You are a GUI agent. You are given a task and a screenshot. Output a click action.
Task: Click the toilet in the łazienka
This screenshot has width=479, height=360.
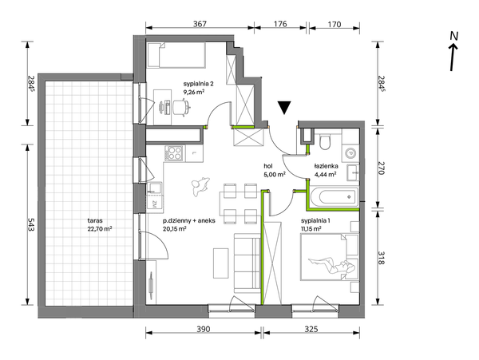[325, 140]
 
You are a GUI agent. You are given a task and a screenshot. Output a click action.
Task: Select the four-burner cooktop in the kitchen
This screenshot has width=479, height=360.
[174, 153]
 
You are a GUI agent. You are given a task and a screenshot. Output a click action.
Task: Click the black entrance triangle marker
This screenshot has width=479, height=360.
[284, 108]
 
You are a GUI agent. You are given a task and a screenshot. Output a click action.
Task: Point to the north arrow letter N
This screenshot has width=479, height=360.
[454, 36]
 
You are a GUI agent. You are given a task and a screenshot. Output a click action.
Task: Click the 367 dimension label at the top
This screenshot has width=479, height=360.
[200, 23]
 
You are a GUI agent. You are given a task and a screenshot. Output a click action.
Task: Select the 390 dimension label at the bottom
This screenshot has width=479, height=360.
[204, 329]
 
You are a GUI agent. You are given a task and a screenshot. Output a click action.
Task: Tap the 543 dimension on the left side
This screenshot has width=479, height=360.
[31, 224]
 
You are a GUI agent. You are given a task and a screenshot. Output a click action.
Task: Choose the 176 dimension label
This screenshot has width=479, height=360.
[280, 23]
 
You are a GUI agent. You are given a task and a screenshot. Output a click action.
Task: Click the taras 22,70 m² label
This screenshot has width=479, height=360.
[100, 224]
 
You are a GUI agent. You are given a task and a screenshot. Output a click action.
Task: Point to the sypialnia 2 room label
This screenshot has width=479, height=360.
[198, 83]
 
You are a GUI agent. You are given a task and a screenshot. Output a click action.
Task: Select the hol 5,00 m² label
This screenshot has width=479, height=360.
[275, 170]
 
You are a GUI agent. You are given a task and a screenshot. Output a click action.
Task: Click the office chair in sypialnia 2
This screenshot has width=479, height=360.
[181, 107]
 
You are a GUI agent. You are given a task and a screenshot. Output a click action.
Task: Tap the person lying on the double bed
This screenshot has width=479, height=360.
[332, 265]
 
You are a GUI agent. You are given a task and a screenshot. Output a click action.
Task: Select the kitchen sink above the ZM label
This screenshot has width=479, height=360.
[155, 188]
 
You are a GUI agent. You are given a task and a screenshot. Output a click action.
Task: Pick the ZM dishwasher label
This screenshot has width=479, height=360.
[154, 204]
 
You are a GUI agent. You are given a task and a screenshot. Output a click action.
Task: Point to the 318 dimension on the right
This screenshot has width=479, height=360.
[381, 257]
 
